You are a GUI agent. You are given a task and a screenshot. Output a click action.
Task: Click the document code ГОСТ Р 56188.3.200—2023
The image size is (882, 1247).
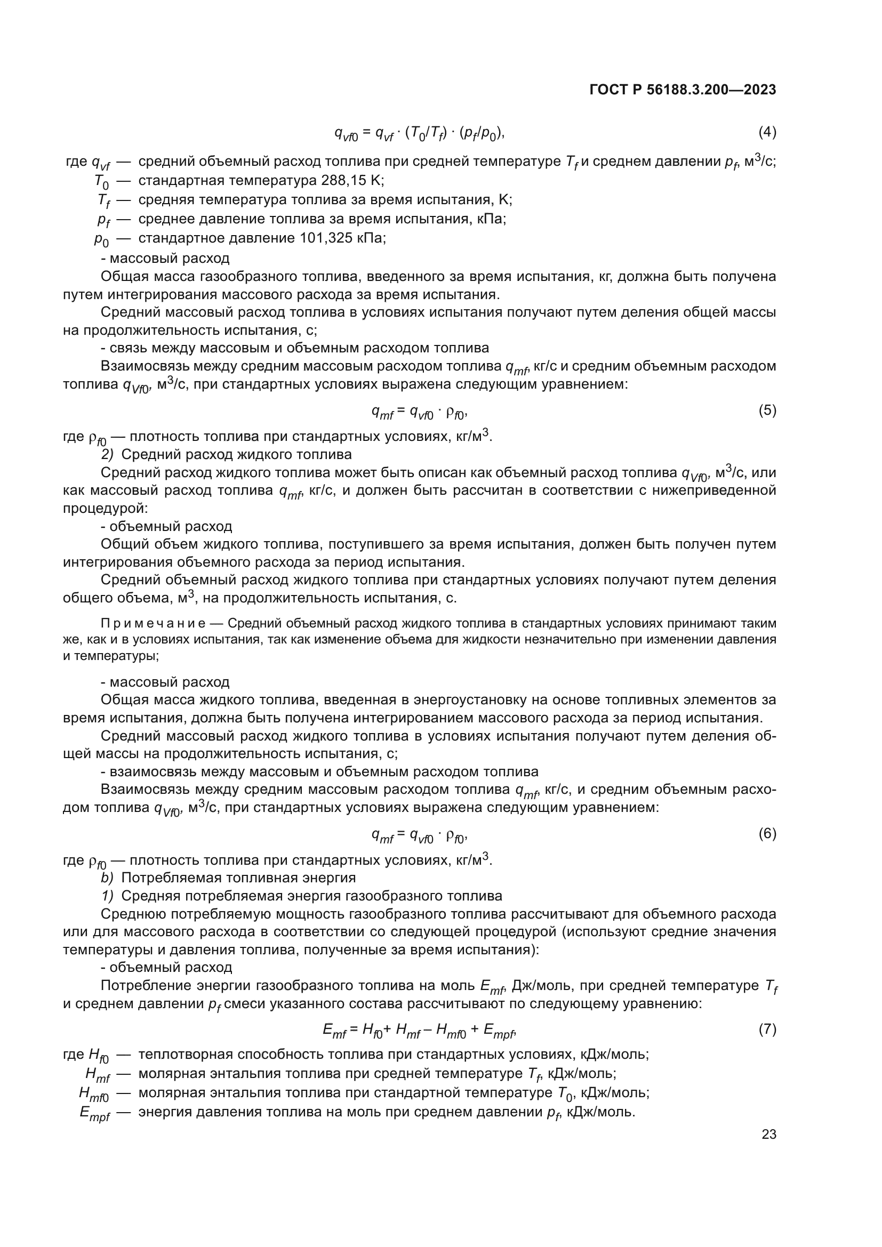(682, 90)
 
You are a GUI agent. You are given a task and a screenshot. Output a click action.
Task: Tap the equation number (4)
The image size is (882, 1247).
(767, 132)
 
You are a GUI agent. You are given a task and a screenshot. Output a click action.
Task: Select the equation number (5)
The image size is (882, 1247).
(767, 411)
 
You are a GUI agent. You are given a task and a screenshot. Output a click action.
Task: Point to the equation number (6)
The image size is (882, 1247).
(767, 834)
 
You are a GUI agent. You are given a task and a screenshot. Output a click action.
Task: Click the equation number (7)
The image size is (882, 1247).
(767, 1029)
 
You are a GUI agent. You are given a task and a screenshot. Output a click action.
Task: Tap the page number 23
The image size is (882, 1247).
(768, 1134)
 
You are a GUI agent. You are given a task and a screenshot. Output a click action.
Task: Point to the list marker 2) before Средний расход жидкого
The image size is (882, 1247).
(107, 454)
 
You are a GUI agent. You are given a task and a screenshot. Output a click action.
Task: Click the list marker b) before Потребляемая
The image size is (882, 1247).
(107, 878)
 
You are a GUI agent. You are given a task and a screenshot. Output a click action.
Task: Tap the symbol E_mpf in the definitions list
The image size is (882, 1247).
(95, 1113)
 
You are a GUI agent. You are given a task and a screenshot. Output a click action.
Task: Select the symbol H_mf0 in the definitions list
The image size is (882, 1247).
(94, 1094)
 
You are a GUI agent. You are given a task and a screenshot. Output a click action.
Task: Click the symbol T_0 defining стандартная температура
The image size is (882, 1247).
(101, 181)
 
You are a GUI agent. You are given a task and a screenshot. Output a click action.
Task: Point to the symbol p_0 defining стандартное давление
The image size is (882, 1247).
(101, 239)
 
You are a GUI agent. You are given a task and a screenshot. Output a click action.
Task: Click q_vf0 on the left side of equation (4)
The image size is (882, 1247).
(346, 133)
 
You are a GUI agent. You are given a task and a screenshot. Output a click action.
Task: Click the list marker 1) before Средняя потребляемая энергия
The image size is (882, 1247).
(107, 896)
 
